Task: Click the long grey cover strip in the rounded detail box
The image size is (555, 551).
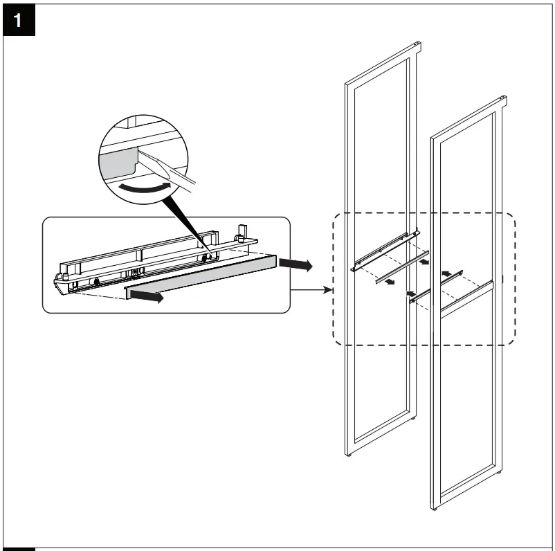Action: tap(201, 276)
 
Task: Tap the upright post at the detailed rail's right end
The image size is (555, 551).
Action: tap(243, 233)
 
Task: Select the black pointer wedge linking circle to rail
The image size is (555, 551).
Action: tap(187, 222)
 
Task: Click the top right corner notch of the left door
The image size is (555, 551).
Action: tap(417, 46)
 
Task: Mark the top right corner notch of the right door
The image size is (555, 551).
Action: tap(503, 100)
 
